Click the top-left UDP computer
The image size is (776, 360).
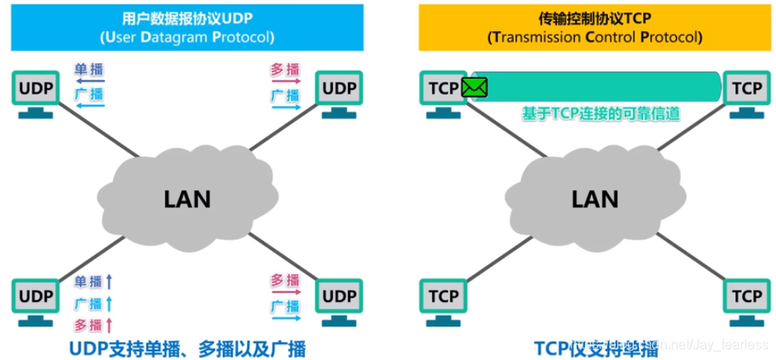35,92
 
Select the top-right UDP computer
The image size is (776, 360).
340,92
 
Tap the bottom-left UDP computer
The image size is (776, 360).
35,299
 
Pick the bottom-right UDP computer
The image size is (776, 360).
340,299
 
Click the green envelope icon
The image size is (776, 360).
475,87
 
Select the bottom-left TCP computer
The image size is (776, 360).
441,299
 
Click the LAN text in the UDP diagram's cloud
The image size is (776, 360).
187,199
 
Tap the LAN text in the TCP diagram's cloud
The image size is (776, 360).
594,199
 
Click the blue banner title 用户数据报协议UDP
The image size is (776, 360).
187,18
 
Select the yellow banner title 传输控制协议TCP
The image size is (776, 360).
594,18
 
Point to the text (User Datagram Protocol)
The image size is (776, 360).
187,38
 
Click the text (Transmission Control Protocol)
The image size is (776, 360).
594,38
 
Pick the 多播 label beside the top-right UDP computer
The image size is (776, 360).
285,71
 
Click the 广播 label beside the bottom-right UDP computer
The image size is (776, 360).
285,304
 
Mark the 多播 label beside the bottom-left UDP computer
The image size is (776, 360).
88,324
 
